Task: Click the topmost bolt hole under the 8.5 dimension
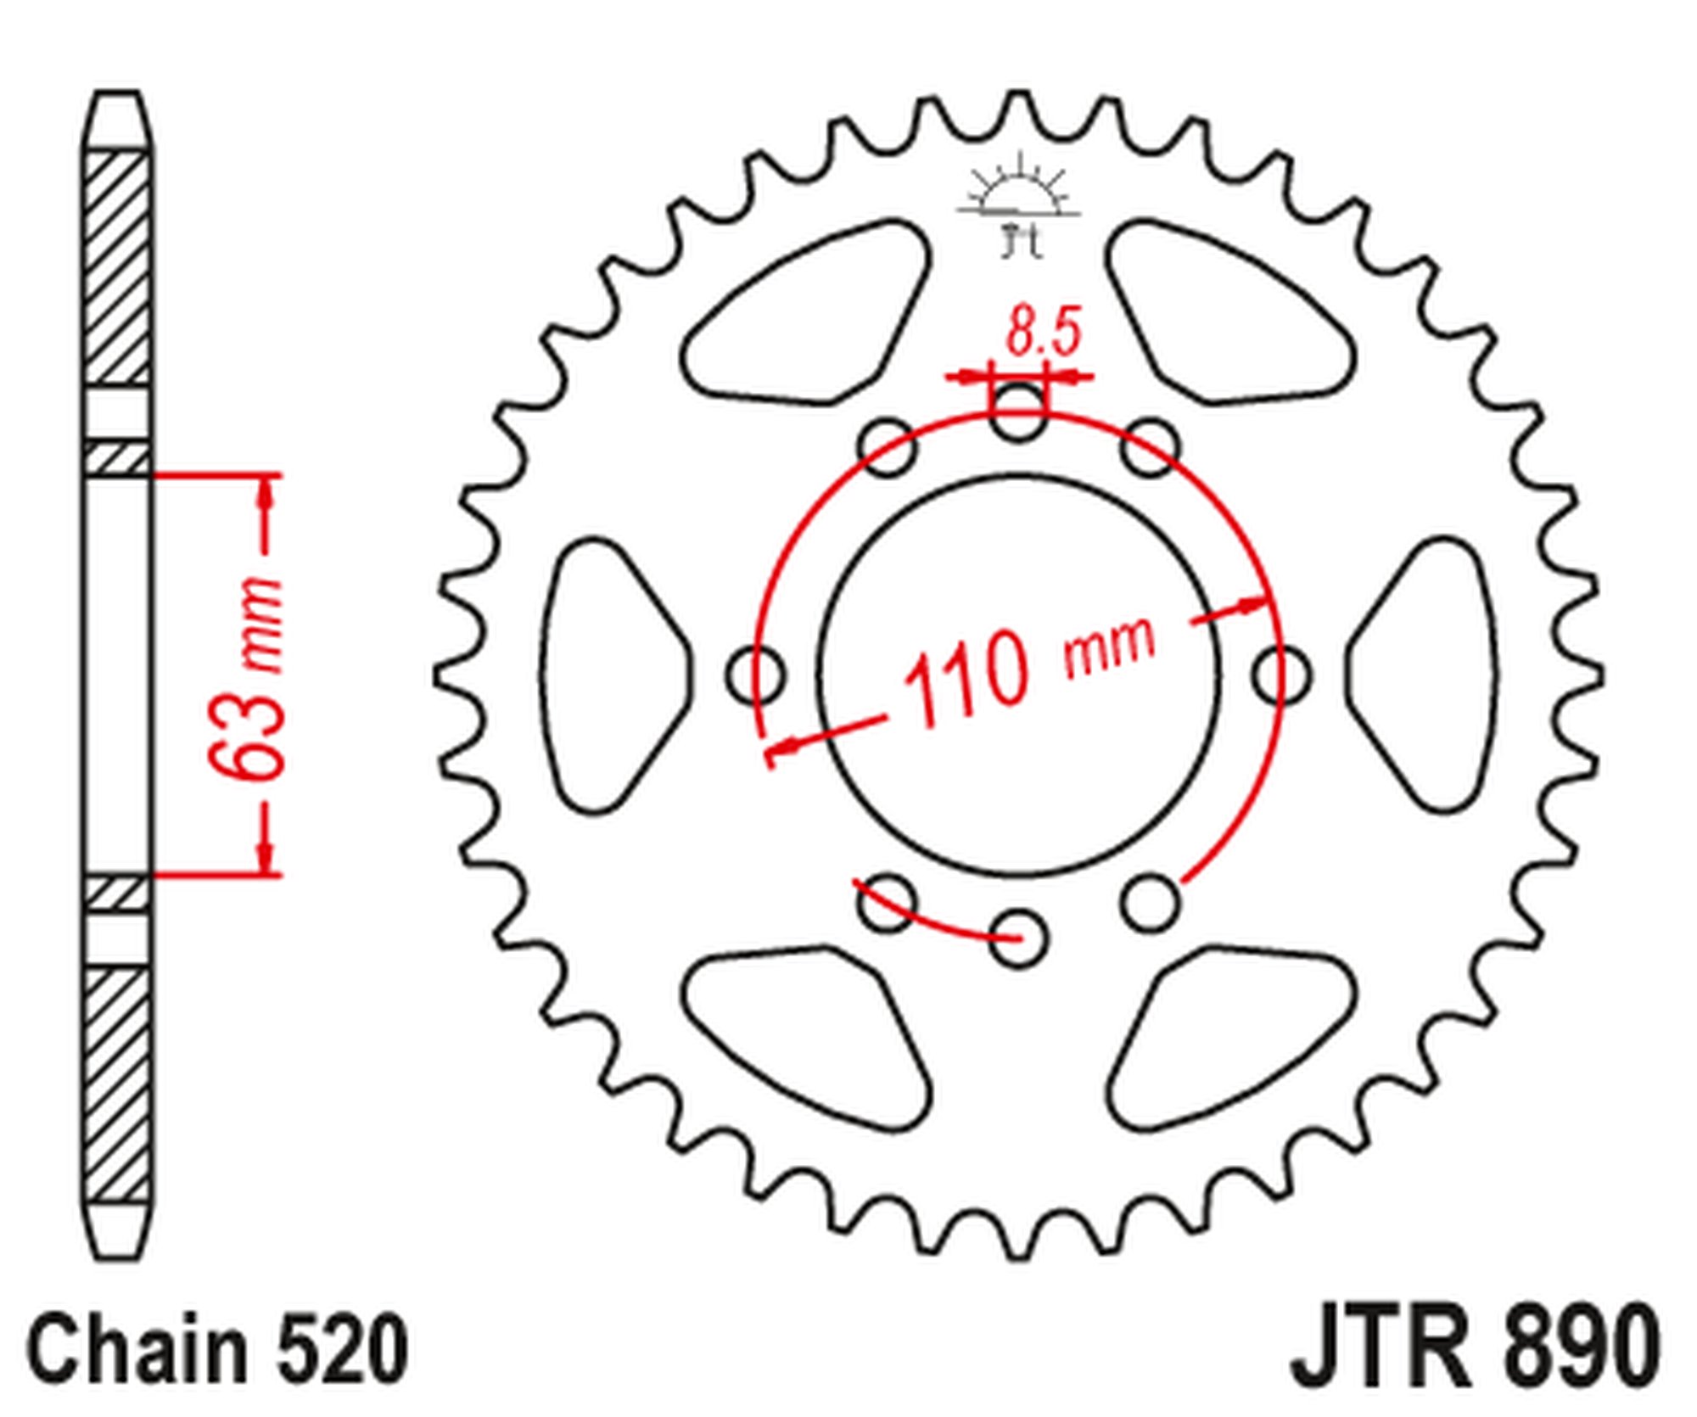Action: tap(1018, 412)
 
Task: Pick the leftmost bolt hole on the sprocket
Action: tap(754, 675)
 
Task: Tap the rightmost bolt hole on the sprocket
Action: tap(1282, 675)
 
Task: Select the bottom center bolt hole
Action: tap(1019, 938)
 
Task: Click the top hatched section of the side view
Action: tap(119, 267)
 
